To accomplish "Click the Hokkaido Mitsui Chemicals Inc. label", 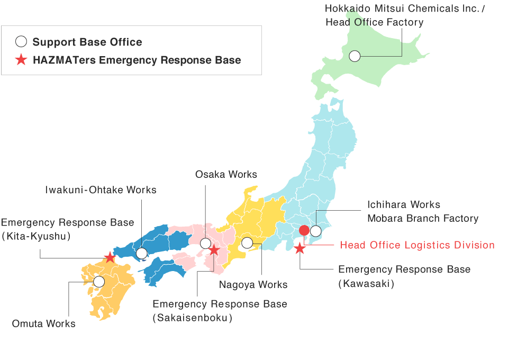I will [405, 8].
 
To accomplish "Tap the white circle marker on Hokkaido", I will [355, 56].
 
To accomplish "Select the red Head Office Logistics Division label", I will [417, 245].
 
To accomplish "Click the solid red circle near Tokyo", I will [304, 230].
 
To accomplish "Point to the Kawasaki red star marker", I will [300, 248].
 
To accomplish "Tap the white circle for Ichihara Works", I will [316, 231].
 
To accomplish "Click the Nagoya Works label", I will [253, 285].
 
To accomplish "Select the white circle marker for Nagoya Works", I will [247, 243].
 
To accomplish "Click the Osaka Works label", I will [226, 174].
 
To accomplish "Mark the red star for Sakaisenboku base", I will [214, 250].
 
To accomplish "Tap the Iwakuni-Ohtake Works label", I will [101, 190].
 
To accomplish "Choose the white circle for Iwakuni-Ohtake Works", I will [141, 254].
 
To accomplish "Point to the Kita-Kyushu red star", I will [110, 258].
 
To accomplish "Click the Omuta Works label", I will [44, 323].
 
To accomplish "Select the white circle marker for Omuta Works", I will [99, 282].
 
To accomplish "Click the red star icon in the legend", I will [21, 60].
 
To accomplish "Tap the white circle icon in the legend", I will [21, 42].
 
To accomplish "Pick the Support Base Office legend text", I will [87, 42].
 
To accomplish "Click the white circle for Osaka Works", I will [205, 244].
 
